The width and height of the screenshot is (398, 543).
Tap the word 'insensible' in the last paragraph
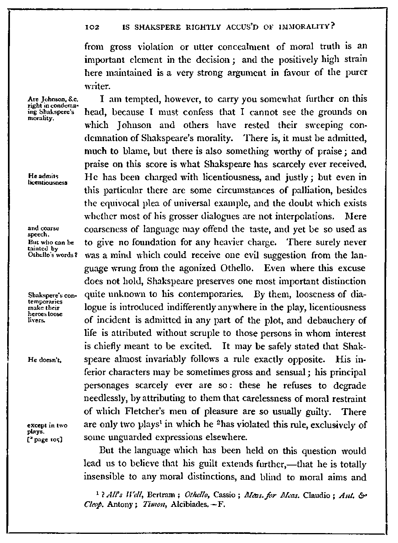104,477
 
